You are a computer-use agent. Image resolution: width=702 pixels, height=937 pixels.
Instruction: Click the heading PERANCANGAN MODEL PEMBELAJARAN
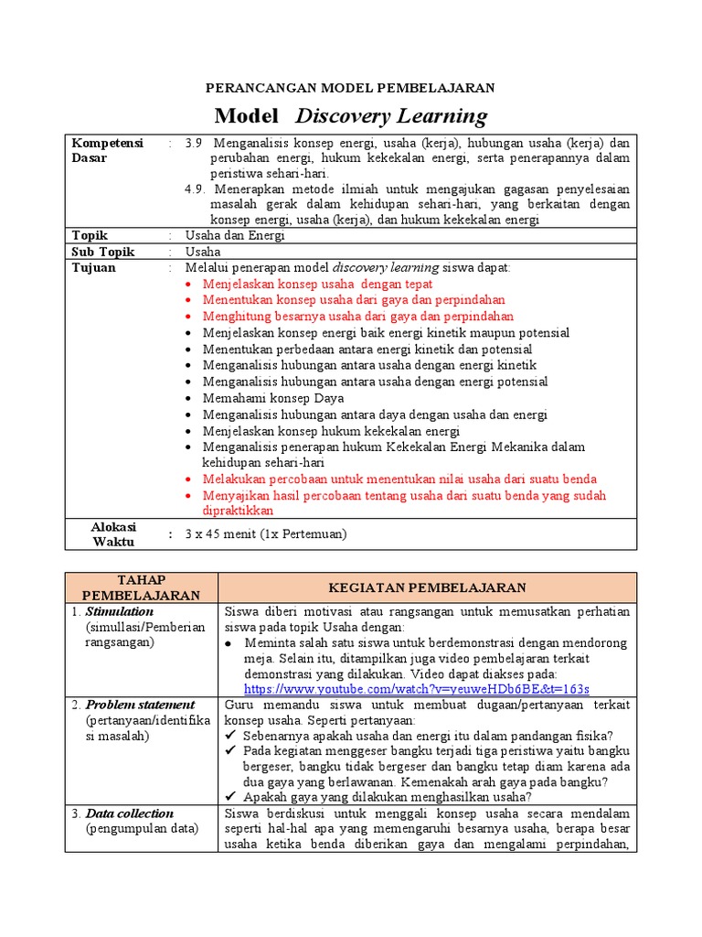click(x=350, y=88)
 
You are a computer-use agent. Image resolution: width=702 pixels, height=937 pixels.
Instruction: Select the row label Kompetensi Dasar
click(x=107, y=151)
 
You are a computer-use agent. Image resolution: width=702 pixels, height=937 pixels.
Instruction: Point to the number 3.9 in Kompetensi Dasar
click(x=196, y=144)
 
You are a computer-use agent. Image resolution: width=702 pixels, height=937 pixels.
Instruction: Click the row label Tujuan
click(x=94, y=268)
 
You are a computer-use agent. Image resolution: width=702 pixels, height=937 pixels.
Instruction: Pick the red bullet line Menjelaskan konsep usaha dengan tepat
click(x=317, y=285)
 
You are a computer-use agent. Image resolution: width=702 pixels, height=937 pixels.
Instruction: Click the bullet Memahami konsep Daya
click(x=273, y=398)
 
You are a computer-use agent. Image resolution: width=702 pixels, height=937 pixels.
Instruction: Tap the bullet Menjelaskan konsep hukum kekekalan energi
click(x=331, y=431)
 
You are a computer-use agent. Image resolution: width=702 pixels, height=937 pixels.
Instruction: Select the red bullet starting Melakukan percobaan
click(x=399, y=479)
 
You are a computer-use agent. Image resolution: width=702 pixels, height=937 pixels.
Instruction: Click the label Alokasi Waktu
click(x=113, y=533)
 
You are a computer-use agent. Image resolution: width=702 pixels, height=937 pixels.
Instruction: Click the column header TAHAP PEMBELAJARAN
click(x=141, y=587)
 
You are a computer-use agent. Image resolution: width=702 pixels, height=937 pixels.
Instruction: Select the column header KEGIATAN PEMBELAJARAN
click(x=427, y=587)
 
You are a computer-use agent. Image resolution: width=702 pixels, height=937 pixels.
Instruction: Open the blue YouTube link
click(x=416, y=688)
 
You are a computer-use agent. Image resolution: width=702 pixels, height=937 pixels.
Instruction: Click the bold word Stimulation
click(x=120, y=611)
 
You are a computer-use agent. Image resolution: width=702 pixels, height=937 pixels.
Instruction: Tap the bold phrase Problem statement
click(x=140, y=705)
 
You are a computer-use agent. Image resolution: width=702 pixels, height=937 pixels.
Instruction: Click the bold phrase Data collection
click(x=129, y=813)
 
